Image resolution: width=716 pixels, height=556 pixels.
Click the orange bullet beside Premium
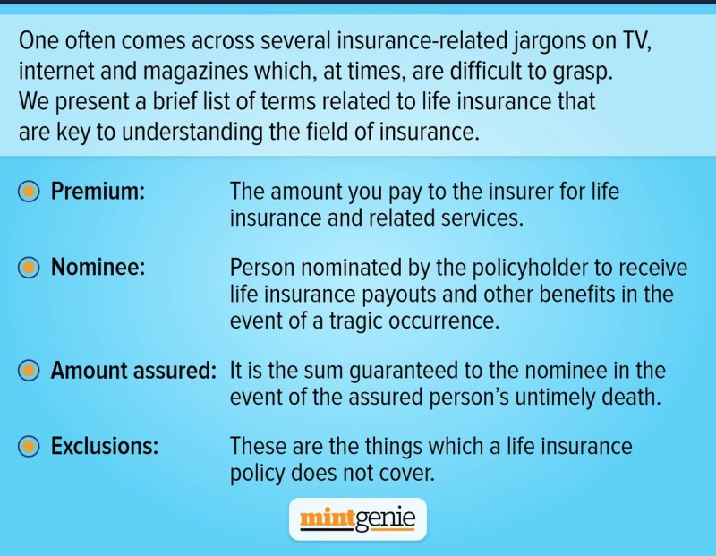click(x=29, y=192)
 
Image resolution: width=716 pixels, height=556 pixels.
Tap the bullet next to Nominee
click(x=29, y=268)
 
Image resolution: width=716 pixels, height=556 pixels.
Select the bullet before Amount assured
click(x=29, y=371)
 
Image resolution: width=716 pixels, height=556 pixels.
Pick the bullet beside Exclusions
click(x=29, y=447)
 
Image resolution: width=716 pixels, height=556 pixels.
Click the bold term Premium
click(x=98, y=191)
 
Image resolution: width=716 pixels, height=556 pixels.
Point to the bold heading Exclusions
click(x=105, y=446)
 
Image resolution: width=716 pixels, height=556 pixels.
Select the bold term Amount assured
click(x=133, y=370)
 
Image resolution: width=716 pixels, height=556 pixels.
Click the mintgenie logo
click(x=358, y=519)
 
